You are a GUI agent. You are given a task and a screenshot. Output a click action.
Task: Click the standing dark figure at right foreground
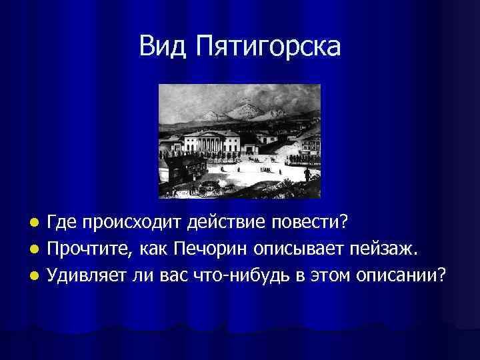(307, 175)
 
